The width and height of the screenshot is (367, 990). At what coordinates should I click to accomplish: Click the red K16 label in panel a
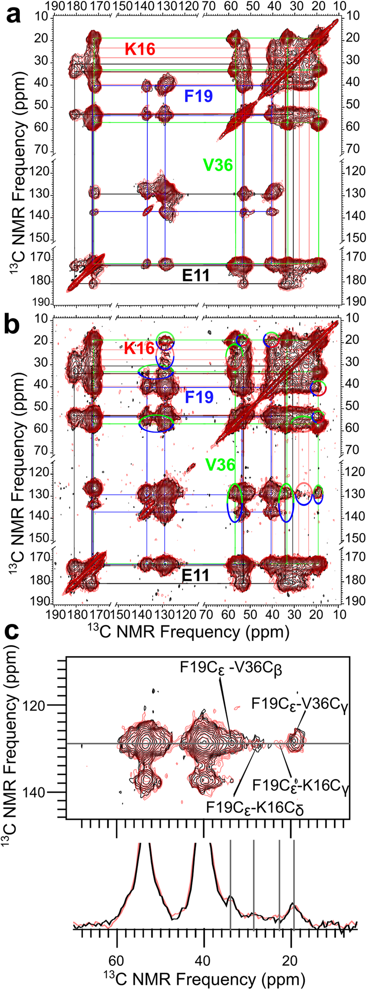coord(140,49)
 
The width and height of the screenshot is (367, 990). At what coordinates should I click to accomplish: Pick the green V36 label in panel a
coord(218,165)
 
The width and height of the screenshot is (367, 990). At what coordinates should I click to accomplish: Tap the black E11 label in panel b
coord(195,575)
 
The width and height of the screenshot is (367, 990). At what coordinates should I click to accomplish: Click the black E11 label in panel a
coord(195,276)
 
